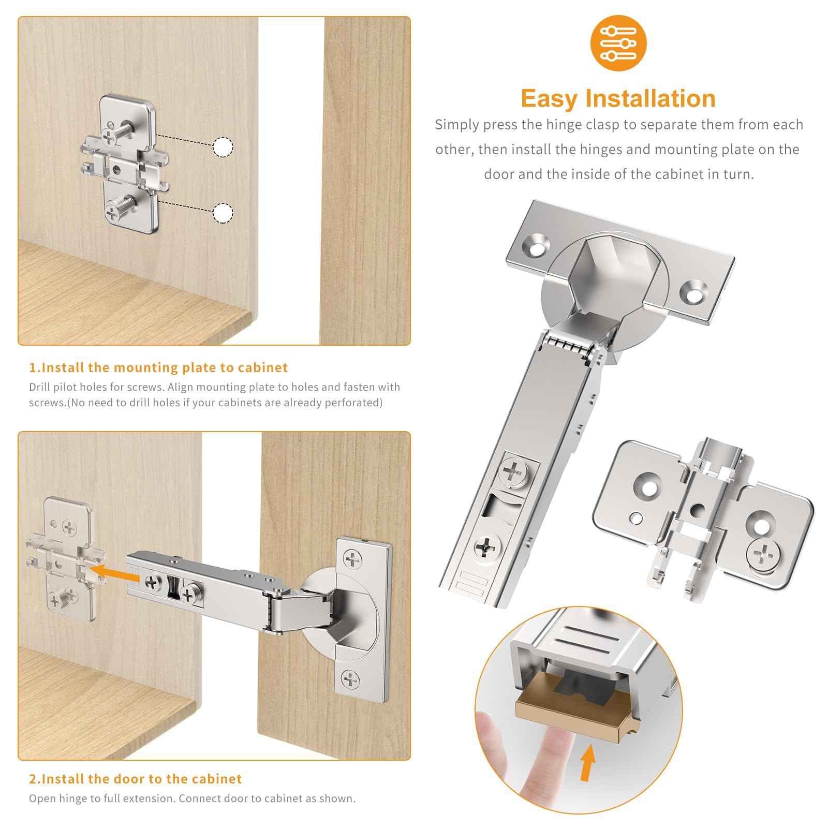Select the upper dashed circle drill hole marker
223,147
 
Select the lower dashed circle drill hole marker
223,213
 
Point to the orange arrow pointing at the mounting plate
111,572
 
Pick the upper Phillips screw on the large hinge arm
513,471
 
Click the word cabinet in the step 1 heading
263,368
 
